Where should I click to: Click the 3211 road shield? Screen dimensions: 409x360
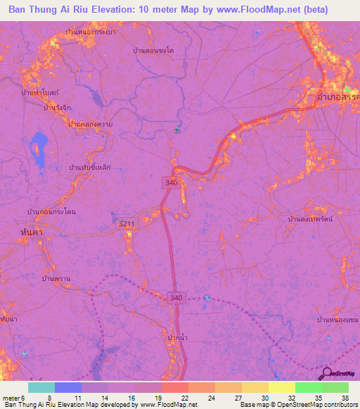point(126,223)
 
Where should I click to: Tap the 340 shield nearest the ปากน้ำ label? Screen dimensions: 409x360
point(177,298)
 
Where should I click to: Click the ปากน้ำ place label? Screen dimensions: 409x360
point(179,339)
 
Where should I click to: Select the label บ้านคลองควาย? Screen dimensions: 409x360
point(91,124)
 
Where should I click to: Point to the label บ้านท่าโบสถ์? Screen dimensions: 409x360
point(39,92)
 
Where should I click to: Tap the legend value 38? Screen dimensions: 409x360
point(344,397)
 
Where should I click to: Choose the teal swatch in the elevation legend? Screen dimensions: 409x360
point(41,387)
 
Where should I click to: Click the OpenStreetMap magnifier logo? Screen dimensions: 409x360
point(325,373)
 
